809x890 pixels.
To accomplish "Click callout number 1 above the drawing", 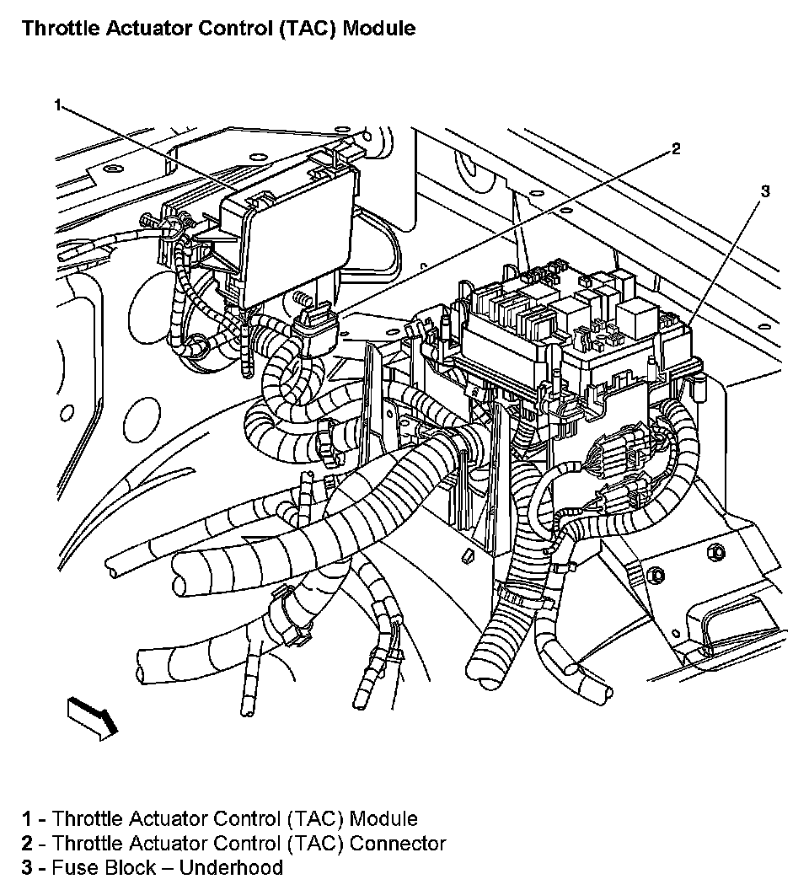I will point(57,105).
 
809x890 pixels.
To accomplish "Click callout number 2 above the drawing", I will point(675,149).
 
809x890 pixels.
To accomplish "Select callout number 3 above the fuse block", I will point(764,191).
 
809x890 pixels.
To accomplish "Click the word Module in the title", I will point(380,28).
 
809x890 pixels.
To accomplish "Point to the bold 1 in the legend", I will point(28,818).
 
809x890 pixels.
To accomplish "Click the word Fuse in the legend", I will point(71,868).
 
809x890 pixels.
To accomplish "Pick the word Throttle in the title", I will point(56,28).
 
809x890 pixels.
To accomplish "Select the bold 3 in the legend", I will point(28,868).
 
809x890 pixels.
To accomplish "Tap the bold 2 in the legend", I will point(28,843).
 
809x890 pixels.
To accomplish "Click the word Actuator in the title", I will point(139,28).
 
